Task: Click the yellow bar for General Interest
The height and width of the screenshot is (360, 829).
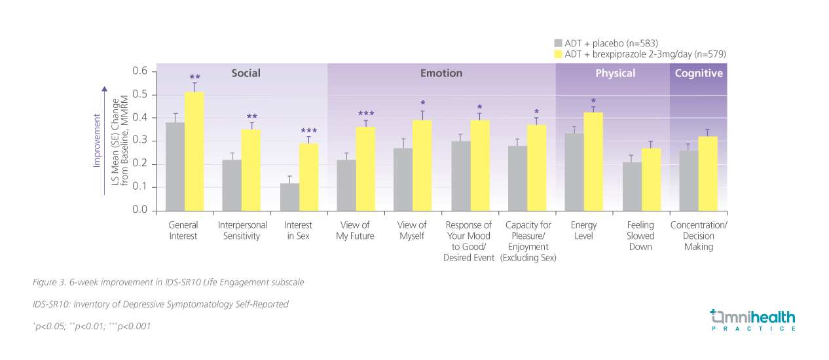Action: click(194, 151)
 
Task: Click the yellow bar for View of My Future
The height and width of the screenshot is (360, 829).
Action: click(365, 168)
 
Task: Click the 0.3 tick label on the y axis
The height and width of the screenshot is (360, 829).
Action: click(140, 141)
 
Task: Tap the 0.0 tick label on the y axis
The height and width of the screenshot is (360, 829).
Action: click(140, 210)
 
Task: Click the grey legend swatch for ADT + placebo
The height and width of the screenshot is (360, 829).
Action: click(558, 43)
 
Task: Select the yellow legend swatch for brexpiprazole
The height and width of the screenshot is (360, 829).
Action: click(558, 54)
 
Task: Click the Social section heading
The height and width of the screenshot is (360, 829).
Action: click(246, 73)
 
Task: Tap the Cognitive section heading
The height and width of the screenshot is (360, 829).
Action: click(699, 73)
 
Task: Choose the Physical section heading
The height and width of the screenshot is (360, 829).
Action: click(615, 73)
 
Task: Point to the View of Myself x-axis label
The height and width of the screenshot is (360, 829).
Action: click(412, 230)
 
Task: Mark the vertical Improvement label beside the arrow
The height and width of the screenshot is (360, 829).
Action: click(97, 141)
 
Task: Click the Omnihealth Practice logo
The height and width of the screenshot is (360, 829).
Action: click(753, 320)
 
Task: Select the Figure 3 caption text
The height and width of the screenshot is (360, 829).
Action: click(168, 282)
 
